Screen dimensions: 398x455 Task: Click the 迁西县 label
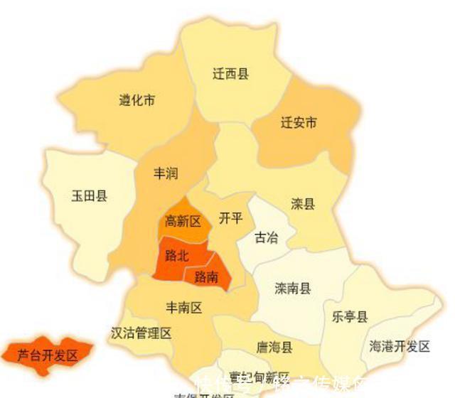(231, 74)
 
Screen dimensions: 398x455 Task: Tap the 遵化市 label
(137, 100)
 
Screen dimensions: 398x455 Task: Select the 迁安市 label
(299, 123)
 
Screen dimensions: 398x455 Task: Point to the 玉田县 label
(90, 196)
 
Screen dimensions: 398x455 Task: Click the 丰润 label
(166, 173)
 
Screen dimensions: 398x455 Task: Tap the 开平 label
(230, 218)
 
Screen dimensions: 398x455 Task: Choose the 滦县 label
(303, 205)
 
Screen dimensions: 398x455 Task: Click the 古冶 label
(267, 237)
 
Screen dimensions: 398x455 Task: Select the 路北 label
(176, 254)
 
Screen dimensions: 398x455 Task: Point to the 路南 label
(206, 275)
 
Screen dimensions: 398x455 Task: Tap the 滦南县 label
(293, 289)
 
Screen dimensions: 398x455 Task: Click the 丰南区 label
(184, 307)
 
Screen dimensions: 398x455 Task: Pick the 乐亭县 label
(350, 317)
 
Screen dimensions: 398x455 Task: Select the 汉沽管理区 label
(141, 333)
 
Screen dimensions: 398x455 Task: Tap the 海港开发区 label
(400, 347)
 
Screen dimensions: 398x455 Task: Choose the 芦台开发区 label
(47, 355)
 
